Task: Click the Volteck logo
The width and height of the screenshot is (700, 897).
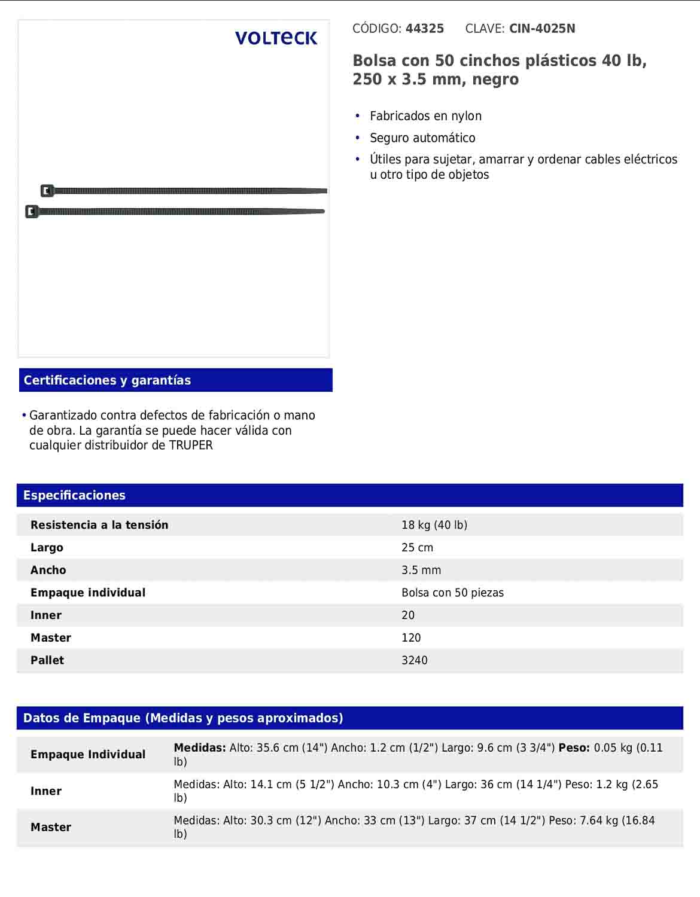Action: tap(276, 38)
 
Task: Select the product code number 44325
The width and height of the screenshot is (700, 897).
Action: tap(424, 29)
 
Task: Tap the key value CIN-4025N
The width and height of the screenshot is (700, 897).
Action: tap(542, 29)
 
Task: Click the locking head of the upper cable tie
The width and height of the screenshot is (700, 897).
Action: tap(47, 191)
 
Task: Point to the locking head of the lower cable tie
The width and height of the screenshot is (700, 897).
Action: tap(32, 212)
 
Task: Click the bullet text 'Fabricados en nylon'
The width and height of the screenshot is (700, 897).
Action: tap(425, 116)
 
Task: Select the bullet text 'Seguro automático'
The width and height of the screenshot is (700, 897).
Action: tap(422, 138)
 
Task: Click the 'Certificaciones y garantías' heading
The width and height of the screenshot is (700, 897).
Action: tap(107, 380)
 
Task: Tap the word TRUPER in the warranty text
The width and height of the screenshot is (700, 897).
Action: tap(191, 446)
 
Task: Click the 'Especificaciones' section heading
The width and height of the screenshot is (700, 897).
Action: tap(74, 495)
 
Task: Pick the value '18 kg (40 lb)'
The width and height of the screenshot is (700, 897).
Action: tap(434, 525)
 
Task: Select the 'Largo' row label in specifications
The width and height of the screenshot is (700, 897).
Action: tap(47, 548)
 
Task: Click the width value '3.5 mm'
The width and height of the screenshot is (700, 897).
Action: tap(421, 570)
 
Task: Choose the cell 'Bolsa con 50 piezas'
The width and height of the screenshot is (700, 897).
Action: tap(452, 593)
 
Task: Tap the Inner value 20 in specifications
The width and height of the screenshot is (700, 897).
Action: tap(408, 615)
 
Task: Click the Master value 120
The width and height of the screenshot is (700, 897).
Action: tap(411, 638)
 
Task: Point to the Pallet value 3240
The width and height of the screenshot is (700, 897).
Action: tap(415, 661)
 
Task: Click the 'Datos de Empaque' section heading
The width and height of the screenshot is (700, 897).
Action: tap(183, 718)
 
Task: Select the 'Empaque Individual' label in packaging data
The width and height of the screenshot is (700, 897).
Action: tap(88, 755)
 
